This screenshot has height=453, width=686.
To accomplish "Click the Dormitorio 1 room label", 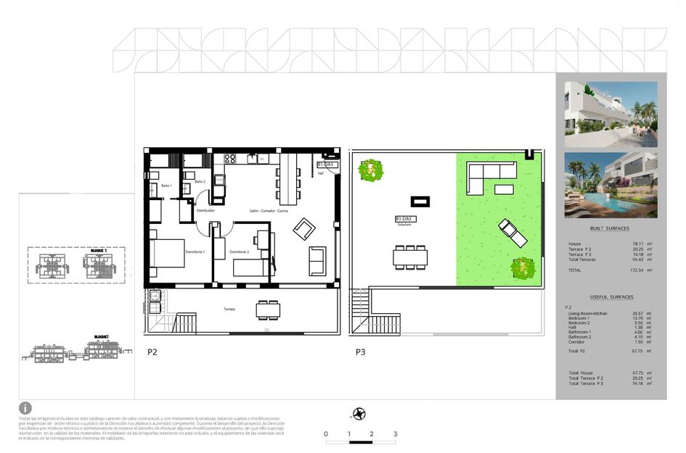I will pos(195,252).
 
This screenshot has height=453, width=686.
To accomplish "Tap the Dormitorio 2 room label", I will pos(240,252).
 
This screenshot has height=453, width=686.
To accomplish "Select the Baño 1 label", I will pos(166,186).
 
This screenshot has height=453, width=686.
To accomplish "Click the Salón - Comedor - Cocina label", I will pos(269,210).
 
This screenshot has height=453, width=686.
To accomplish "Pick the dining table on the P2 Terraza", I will pos(267,309).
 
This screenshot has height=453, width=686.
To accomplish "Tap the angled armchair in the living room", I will pos(304,230).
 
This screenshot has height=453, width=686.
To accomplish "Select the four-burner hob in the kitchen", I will pos(231,158).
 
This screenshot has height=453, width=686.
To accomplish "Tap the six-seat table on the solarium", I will pos(411,257).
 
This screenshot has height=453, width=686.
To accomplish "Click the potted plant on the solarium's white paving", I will pos(371,170).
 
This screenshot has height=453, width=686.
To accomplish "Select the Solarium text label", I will pos(404,225).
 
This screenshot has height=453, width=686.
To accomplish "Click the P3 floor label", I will pos(360,353).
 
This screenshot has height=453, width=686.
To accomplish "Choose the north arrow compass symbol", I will pos(359,414).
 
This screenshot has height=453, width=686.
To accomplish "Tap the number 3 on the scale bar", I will pos(395,434).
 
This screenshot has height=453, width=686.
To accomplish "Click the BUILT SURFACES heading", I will pos(611,228).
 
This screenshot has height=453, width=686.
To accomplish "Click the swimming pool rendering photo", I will pos(611,185).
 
